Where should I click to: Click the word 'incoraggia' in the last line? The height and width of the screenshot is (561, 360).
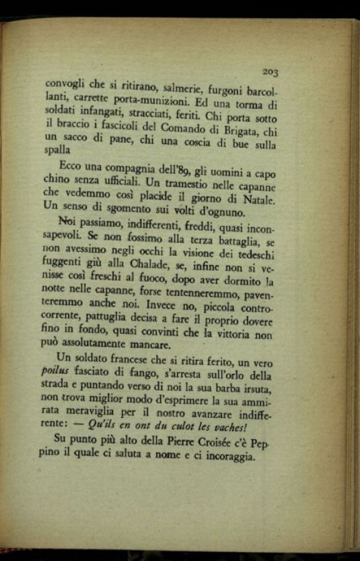pyautogui.click(x=226, y=456)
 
